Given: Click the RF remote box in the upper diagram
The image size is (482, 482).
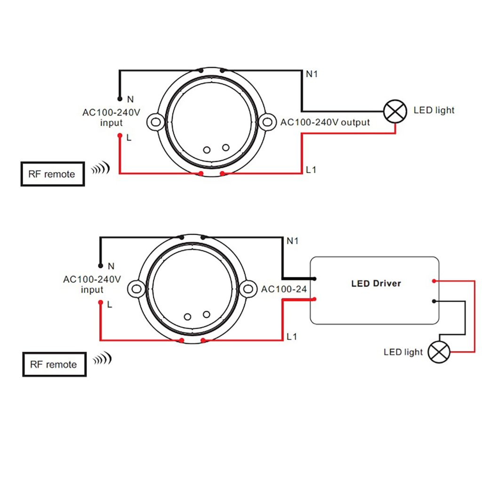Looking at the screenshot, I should pos(53,174).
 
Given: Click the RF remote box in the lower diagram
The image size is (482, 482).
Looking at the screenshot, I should pos(54,364).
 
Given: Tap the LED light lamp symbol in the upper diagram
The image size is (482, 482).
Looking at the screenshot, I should pos(395,111).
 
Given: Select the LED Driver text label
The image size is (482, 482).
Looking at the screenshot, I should pos(376,283).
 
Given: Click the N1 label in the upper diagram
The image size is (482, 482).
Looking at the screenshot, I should pos(312,74).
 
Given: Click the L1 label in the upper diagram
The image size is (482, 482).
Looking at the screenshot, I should pos(311,170).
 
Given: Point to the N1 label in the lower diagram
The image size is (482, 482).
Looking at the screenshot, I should pos(293,241).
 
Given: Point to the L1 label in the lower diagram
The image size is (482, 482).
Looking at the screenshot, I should pos(292,337).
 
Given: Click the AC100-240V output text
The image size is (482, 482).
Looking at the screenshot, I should pos(325,122).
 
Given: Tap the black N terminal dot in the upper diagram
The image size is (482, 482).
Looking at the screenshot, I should pos(120,99).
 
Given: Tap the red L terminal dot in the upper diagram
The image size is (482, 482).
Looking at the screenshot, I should pos(120,137).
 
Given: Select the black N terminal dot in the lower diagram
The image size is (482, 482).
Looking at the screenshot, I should pos(100,265).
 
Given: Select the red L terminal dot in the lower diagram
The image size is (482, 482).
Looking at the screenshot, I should pos(100,303).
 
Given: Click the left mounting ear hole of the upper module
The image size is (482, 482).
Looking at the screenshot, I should pos(155,122).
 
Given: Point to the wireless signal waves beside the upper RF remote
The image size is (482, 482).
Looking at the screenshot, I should pos(100,169).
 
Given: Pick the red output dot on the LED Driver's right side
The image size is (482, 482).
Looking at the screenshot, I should pos(433,281).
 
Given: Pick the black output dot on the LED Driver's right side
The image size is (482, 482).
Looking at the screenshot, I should pos(433,301).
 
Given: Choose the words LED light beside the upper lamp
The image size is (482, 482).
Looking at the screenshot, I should pos(434,111).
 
